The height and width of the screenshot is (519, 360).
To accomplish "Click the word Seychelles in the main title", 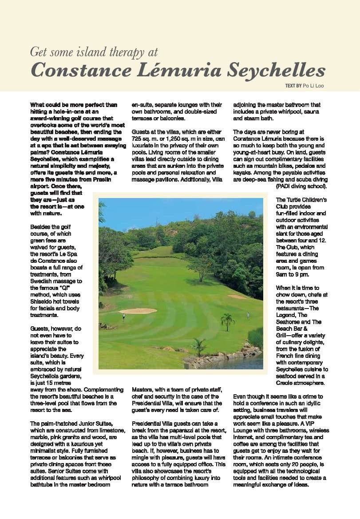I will (x=275, y=70).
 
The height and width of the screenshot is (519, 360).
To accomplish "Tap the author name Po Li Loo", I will (x=313, y=86).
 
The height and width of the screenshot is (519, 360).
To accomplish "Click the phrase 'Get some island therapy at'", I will (x=94, y=52).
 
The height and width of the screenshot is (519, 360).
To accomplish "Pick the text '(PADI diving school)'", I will (x=301, y=186).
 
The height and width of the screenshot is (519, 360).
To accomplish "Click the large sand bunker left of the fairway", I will (x=138, y=311).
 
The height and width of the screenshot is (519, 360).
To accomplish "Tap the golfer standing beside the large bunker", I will (x=123, y=317).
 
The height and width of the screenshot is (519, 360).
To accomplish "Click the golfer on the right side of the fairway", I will (x=248, y=316).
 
